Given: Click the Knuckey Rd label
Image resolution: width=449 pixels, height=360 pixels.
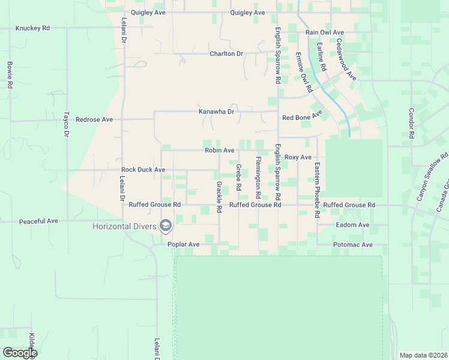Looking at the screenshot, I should pyautogui.click(x=32, y=28).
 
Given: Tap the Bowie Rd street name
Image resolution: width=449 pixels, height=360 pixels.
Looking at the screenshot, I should pyautogui.click(x=10, y=75).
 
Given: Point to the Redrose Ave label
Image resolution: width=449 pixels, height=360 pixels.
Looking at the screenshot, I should pyautogui.click(x=94, y=119).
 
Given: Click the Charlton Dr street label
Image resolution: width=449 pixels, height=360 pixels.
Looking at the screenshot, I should pyautogui.click(x=226, y=53).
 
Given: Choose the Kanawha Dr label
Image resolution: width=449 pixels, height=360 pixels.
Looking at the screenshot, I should pyautogui.click(x=216, y=112).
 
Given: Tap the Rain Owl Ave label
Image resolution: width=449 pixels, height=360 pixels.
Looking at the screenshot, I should pyautogui.click(x=324, y=32).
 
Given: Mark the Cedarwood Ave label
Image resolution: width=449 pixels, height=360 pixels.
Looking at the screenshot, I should pyautogui.click(x=346, y=60).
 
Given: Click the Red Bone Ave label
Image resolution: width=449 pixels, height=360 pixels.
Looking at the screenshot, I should pyautogui.click(x=302, y=115).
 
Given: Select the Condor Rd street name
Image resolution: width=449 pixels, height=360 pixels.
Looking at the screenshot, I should pyautogui.click(x=412, y=123).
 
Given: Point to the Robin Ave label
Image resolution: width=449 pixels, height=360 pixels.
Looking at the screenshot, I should pyautogui.click(x=219, y=150).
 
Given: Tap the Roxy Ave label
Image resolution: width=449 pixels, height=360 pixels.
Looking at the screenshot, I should pyautogui.click(x=298, y=157).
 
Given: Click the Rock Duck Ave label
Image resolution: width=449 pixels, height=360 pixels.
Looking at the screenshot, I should pyautogui.click(x=143, y=170).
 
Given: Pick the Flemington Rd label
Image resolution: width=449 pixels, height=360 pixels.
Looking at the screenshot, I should pyautogui.click(x=258, y=178).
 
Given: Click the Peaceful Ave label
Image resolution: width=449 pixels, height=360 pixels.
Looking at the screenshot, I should pyautogui.click(x=38, y=221).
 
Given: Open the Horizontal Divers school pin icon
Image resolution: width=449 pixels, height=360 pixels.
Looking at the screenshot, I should pyautogui.click(x=166, y=226).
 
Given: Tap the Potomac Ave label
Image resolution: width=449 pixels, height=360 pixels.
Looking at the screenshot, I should pyautogui.click(x=353, y=245).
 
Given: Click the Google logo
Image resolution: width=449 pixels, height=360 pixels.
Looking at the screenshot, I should pyautogui.click(x=20, y=353).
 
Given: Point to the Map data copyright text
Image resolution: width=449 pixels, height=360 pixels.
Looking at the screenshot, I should pyautogui.click(x=423, y=355).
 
